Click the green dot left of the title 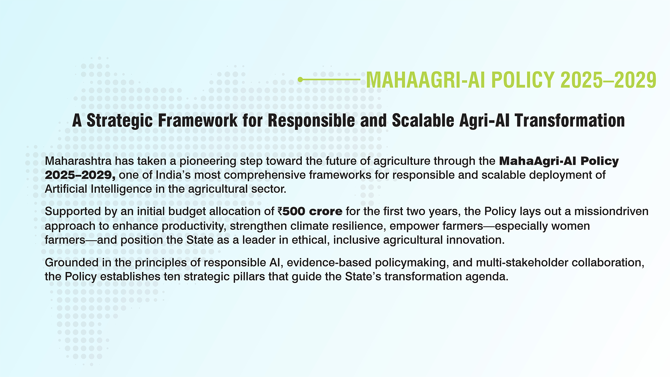pyautogui.click(x=300, y=80)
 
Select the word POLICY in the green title pyautogui.click(x=523, y=80)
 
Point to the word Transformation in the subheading pyautogui.click(x=569, y=120)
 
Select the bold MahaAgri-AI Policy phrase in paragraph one pyautogui.click(x=559, y=161)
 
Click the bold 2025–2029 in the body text pyautogui.click(x=80, y=175)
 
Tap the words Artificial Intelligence pyautogui.click(x=98, y=189)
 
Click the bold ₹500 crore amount pyautogui.click(x=310, y=212)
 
